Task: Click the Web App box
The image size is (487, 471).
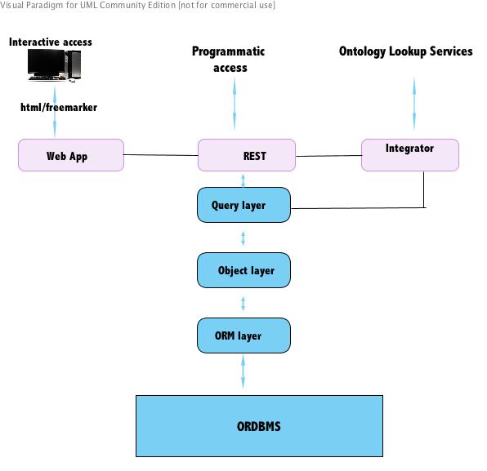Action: click(71, 155)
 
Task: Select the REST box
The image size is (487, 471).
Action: click(247, 155)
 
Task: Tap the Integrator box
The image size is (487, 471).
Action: click(410, 155)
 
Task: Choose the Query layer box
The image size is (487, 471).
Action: click(243, 205)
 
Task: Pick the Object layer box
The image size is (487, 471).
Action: click(243, 270)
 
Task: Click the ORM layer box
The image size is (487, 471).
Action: click(243, 335)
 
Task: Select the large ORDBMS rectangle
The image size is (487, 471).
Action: click(259, 426)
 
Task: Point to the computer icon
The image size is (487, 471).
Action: click(55, 65)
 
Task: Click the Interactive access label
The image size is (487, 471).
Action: click(51, 42)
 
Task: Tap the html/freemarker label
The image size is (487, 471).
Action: click(59, 107)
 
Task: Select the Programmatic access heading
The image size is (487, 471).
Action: click(229, 60)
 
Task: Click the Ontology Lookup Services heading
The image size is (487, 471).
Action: click(406, 51)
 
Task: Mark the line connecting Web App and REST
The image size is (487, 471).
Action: click(161, 155)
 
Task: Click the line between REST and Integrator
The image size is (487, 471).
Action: click(328, 156)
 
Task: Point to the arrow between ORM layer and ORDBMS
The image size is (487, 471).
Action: click(243, 371)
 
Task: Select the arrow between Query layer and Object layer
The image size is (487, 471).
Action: click(243, 238)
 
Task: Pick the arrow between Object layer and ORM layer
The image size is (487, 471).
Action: click(243, 304)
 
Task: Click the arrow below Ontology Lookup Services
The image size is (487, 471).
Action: click(414, 104)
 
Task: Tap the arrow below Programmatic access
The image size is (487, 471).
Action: click(235, 104)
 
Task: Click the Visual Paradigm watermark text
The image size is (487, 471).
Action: click(137, 5)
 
